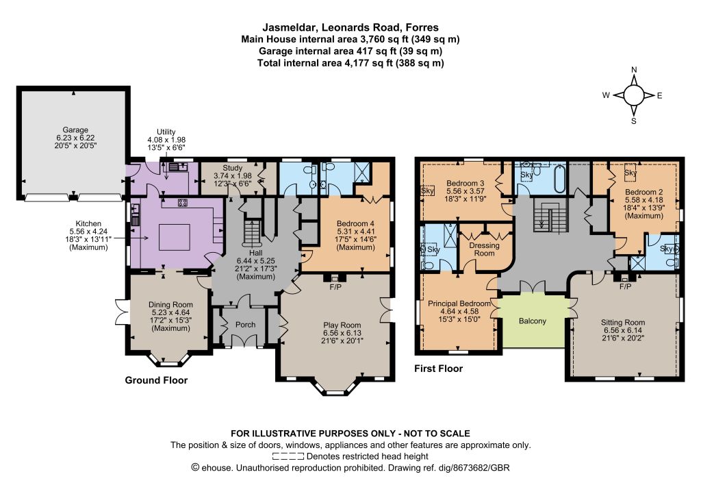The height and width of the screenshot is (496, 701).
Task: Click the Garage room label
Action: click(75, 129)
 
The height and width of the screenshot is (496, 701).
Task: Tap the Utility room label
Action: click(166, 132)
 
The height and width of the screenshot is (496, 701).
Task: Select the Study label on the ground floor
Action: click(233, 168)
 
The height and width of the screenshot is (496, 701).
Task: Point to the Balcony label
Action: click(533, 321)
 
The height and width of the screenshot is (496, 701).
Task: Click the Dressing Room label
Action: click(484, 249)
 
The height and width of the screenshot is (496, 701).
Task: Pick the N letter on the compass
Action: click(634, 70)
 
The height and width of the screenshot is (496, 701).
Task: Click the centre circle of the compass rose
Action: click(633, 95)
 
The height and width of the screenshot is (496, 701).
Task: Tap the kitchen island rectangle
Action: click(175, 238)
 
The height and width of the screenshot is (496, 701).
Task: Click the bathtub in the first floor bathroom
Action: click(560, 179)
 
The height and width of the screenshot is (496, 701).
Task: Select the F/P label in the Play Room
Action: click(335, 286)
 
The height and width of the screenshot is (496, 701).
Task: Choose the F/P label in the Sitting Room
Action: click(626, 286)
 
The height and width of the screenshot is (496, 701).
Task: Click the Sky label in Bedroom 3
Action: click(427, 190)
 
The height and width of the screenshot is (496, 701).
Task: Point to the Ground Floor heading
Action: click(156, 380)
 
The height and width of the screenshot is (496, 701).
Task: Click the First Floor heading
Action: click(438, 369)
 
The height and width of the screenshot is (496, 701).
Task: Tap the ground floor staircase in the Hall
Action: click(252, 232)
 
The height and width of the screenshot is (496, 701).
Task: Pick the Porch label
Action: click(246, 325)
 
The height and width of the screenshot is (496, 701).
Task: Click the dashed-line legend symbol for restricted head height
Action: click(288, 457)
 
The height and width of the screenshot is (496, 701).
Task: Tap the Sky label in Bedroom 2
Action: click(630, 173)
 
